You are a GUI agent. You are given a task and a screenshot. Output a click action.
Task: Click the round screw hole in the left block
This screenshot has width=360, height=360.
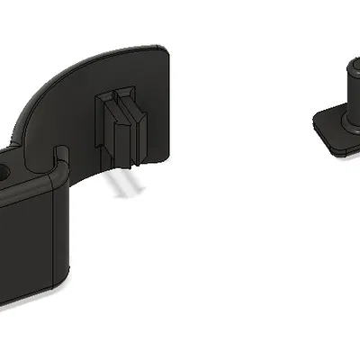(x=6, y=169)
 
